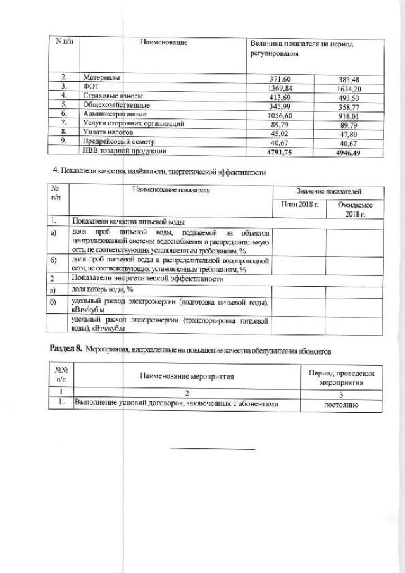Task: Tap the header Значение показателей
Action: [x=330, y=191]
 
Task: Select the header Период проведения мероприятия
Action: [x=341, y=378]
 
